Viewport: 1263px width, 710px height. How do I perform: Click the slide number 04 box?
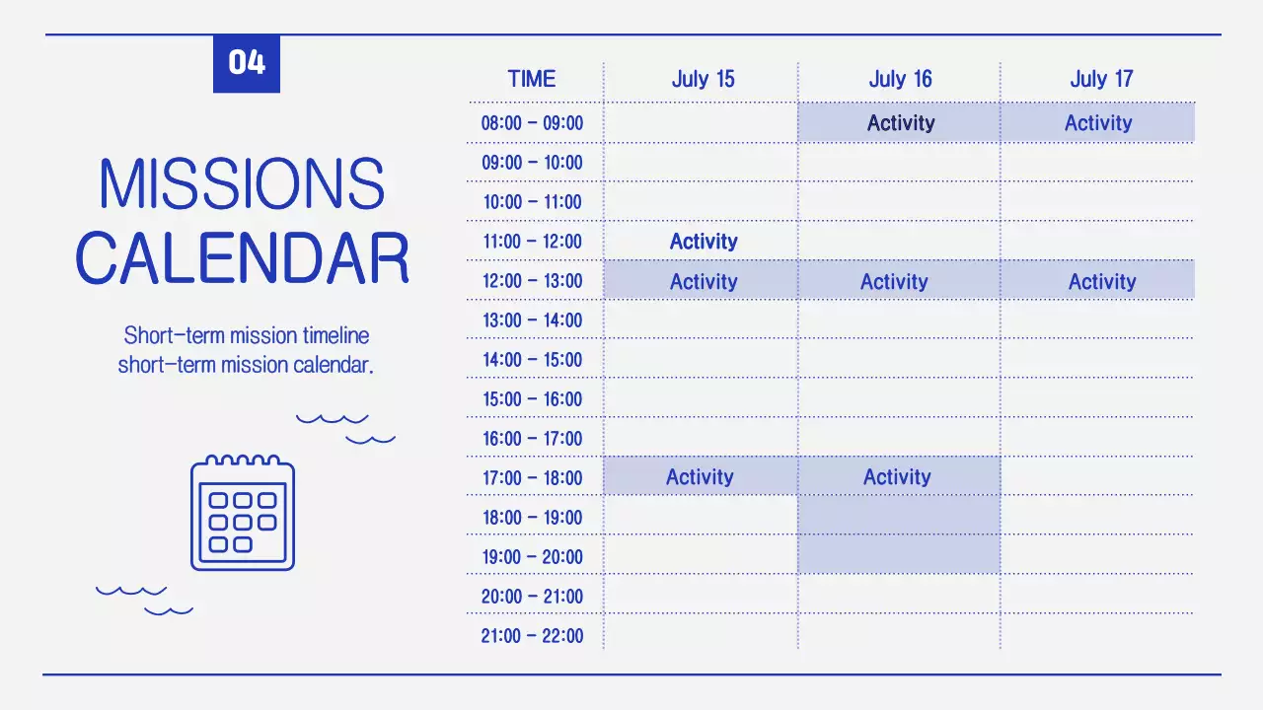[x=247, y=63]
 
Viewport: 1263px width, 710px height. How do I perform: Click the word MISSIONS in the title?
[x=242, y=184]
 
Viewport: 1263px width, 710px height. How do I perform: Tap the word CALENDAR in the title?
[x=242, y=258]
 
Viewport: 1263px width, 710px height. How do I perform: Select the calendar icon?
[x=243, y=512]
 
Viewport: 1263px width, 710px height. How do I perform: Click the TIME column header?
[x=532, y=79]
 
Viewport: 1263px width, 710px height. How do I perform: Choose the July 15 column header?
[x=703, y=79]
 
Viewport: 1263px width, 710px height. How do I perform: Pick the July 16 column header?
[x=900, y=79]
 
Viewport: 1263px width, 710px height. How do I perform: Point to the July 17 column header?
[x=1101, y=79]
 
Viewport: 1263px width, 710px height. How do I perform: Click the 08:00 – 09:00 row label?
[x=532, y=123]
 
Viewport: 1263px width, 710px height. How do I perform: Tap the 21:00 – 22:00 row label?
[x=532, y=636]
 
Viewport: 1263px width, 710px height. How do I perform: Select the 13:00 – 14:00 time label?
[x=532, y=320]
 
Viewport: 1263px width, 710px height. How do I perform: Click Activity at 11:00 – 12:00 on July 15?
[x=704, y=242]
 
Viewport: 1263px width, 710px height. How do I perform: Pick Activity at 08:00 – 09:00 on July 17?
[x=1098, y=123]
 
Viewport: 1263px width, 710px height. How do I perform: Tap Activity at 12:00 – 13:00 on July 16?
[x=894, y=282]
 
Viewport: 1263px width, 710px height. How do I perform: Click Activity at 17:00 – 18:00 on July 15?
[x=700, y=477]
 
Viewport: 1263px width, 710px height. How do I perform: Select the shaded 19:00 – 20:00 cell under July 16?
[x=898, y=555]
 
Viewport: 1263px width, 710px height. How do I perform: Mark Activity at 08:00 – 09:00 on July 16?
[x=900, y=123]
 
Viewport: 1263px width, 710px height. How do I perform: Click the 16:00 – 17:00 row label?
[x=532, y=439]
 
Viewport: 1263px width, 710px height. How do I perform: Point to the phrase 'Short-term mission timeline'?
[x=247, y=335]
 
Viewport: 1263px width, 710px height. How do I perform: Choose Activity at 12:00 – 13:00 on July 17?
[x=1102, y=282]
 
